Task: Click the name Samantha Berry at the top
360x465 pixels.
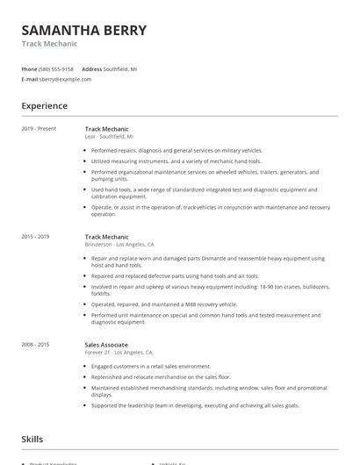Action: tap(84, 30)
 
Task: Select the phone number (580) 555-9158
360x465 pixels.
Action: tap(56, 68)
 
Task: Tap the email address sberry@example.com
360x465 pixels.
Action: tap(65, 79)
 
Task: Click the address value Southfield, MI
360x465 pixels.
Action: tap(120, 68)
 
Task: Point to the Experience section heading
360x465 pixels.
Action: tap(45, 106)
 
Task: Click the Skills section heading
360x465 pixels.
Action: tap(32, 439)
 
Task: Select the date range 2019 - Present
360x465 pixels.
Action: tap(39, 129)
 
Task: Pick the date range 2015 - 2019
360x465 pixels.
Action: tap(35, 237)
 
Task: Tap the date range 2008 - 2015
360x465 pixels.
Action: tap(35, 345)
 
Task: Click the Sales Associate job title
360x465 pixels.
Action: tap(106, 345)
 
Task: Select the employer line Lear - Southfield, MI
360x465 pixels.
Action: tap(109, 137)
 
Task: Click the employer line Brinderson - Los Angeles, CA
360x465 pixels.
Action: tap(119, 245)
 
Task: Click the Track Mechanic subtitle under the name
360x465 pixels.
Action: tap(49, 44)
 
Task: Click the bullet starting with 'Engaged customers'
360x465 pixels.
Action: tap(151, 365)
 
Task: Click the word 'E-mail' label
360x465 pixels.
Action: tap(30, 79)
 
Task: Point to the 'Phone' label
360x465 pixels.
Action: tap(29, 68)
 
